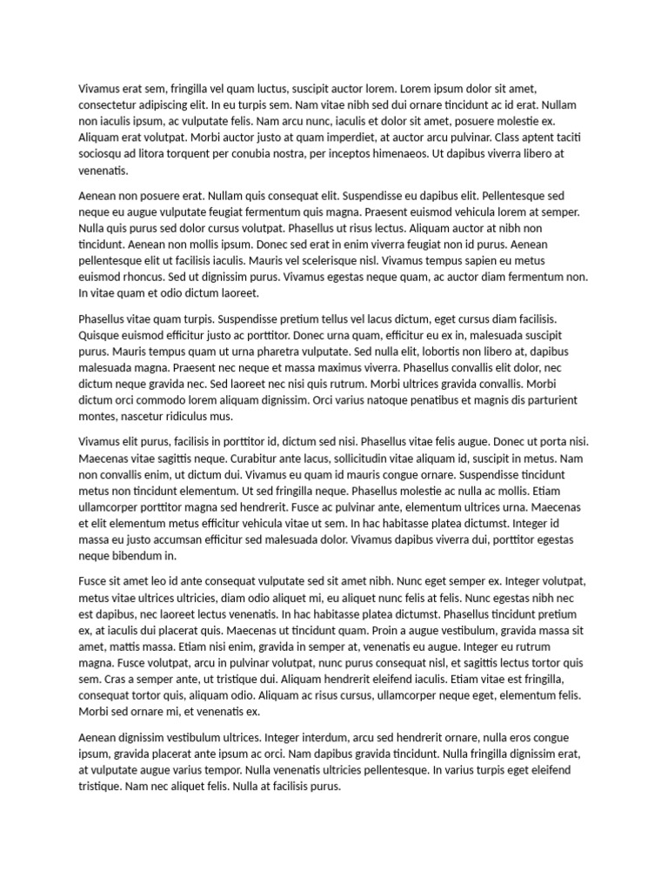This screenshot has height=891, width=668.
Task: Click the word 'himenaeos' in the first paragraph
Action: pyautogui.click(x=395, y=154)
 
